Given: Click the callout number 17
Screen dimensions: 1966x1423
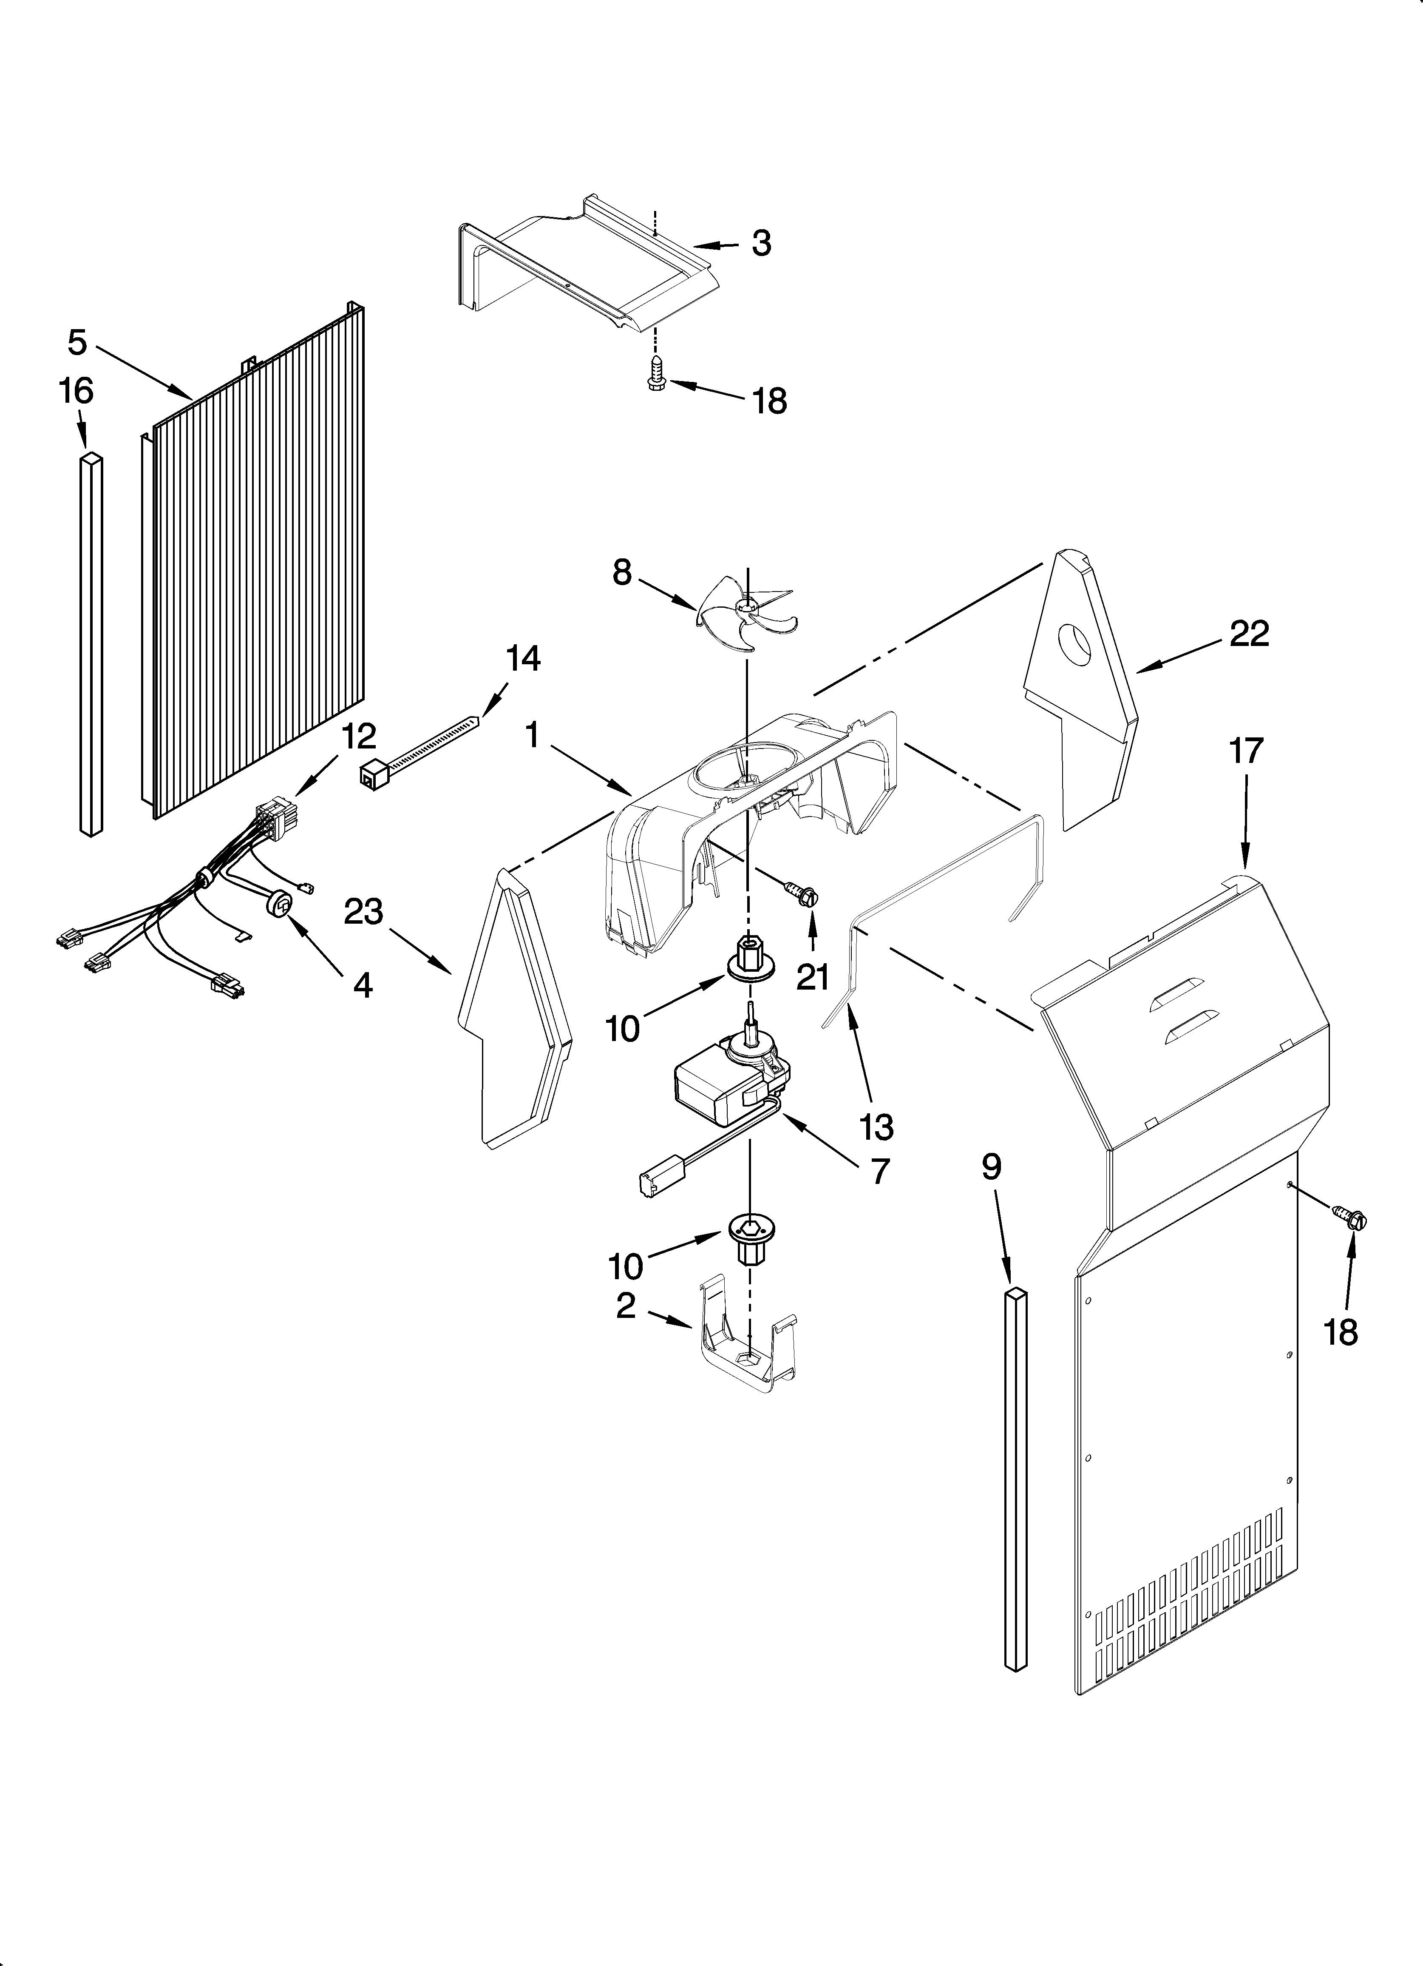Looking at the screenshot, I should tap(1246, 751).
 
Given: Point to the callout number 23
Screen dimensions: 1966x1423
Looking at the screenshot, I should tap(363, 912).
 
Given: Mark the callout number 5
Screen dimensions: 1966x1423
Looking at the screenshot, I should tap(77, 343).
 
